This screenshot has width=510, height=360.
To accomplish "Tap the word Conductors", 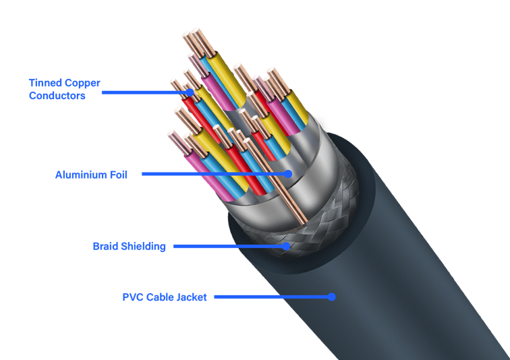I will [57, 96].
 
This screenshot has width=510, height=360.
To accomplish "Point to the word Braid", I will [106, 247].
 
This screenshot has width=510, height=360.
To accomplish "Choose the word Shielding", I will [143, 247].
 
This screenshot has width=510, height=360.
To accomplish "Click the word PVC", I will [133, 297].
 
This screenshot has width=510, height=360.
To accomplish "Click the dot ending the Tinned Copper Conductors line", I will [190, 91].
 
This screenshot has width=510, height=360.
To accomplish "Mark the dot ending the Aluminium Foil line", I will [288, 173].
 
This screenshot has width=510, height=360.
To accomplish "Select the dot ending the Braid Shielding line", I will [287, 246].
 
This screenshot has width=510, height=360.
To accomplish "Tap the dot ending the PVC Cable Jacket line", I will [331, 296].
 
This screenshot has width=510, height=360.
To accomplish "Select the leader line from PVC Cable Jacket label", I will [270, 296].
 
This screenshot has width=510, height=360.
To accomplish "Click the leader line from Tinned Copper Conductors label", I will [145, 91].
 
